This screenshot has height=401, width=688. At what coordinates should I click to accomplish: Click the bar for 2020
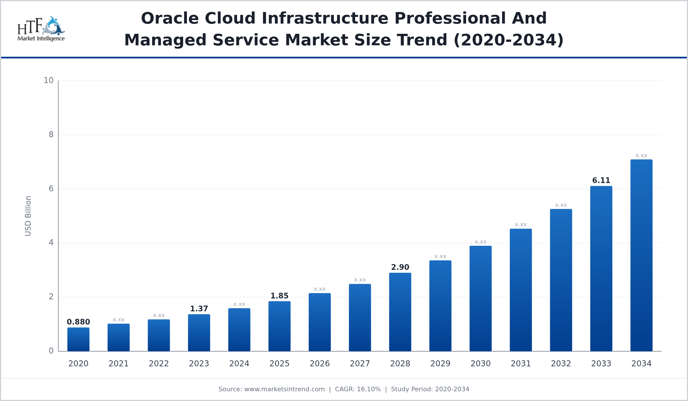(78, 339)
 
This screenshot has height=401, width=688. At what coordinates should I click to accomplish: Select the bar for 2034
(641, 255)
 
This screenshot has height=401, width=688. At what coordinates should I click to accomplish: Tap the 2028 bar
(400, 312)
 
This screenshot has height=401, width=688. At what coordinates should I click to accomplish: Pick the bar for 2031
(521, 290)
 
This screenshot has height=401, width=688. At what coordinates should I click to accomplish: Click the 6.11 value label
(601, 180)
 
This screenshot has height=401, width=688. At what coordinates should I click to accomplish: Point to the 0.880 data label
(78, 322)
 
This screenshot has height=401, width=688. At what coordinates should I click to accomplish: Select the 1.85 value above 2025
(279, 296)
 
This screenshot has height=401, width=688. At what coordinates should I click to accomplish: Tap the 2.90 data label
(400, 267)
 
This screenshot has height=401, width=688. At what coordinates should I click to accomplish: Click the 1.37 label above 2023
(199, 309)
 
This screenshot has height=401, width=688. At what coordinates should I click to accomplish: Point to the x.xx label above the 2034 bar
(641, 156)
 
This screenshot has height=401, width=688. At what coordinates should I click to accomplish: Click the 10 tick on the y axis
(48, 80)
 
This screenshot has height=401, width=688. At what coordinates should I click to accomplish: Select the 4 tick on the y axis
(51, 243)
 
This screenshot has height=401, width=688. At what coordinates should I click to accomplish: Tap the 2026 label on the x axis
(320, 364)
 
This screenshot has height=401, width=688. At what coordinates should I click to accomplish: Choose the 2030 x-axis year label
(480, 364)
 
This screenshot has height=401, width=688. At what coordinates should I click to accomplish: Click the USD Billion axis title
(28, 216)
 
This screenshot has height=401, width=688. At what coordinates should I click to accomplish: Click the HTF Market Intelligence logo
(41, 29)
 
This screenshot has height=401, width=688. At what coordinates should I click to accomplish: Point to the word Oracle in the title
(170, 18)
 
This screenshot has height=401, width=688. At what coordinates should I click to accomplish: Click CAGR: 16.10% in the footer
(358, 389)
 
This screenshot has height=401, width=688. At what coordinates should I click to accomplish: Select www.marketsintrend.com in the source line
(284, 389)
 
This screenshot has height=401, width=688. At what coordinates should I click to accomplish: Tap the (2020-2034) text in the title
(509, 40)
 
